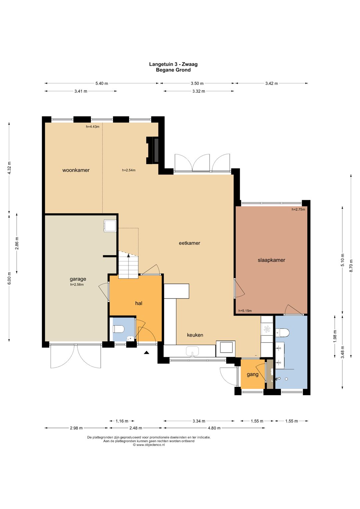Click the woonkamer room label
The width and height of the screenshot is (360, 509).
tap(76, 170)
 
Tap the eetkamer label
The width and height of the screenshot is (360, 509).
tap(189, 243)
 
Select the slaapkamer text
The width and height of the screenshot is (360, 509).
tap(271, 260)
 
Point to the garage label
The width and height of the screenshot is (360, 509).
tap(78, 279)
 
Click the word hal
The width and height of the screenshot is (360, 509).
tap(139, 303)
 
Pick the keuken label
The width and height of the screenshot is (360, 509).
tap(195, 335)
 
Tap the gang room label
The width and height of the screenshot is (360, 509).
tap(253, 374)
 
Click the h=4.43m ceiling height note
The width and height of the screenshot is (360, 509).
tap(93, 127)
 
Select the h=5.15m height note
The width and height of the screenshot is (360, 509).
tap(245, 311)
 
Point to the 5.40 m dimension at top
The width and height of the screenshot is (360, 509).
tap(102, 83)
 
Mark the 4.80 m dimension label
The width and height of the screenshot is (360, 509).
tap(214, 428)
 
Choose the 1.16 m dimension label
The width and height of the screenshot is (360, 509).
tap(122, 421)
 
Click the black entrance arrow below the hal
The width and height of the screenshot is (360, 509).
tap(146, 353)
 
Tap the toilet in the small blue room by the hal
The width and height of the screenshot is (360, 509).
tap(119, 329)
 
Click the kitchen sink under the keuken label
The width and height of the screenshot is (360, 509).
tap(192, 351)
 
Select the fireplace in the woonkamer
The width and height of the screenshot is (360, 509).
tap(152, 150)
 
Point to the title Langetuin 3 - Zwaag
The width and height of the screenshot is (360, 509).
tap(173, 64)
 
